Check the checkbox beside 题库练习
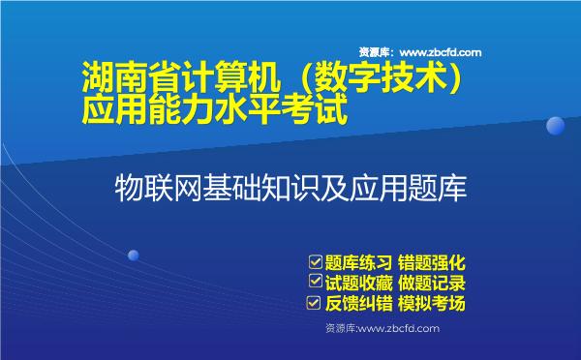pyautogui.click(x=314, y=261)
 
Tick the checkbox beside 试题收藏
pyautogui.click(x=314, y=282)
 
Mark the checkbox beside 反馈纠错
pyautogui.click(x=314, y=303)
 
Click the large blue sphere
pyautogui.click(x=555, y=127)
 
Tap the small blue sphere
pyautogui.click(x=133, y=255)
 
